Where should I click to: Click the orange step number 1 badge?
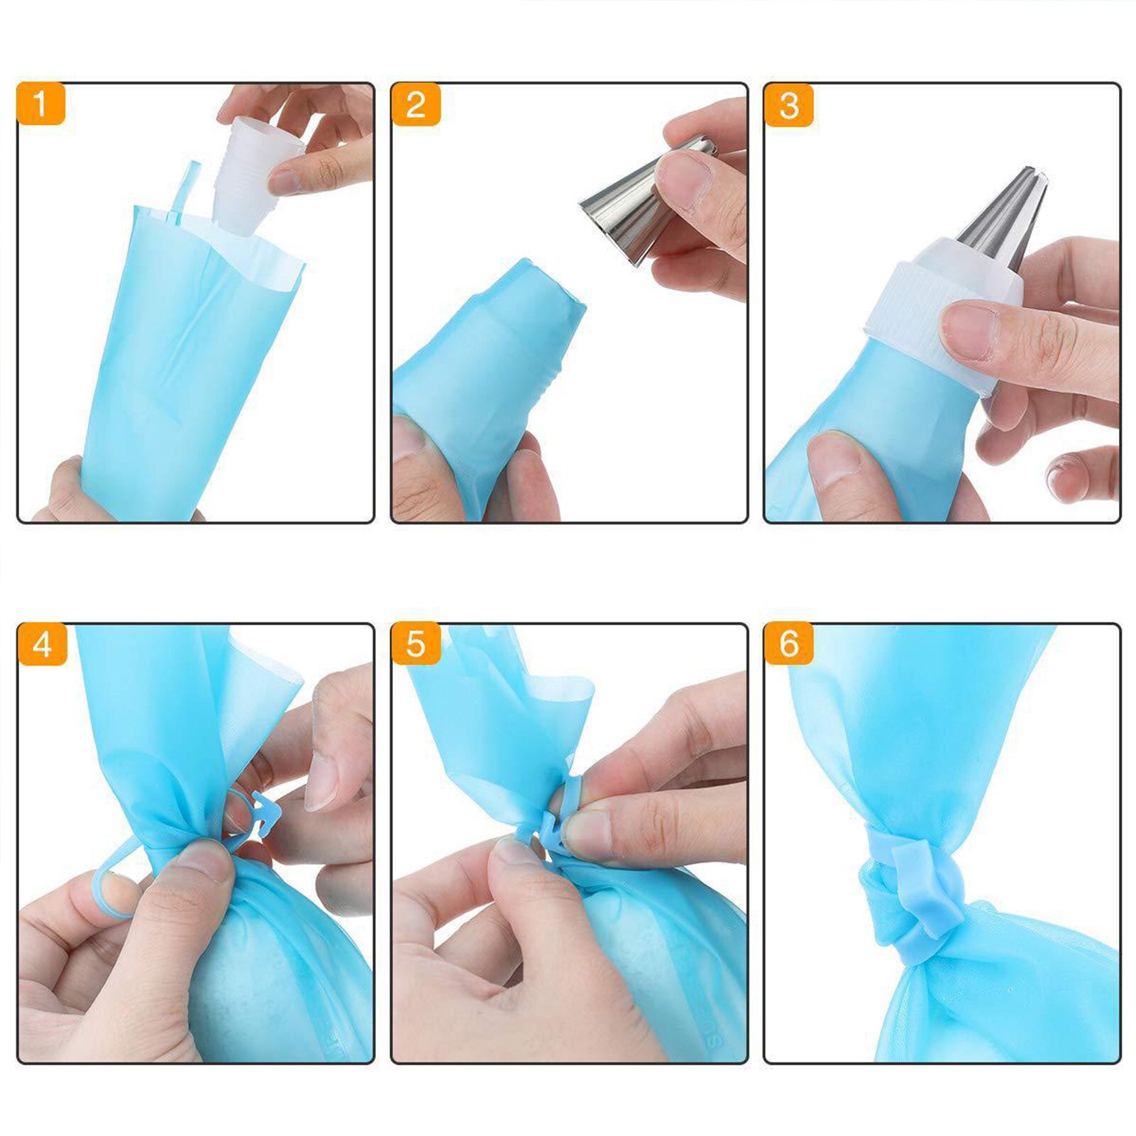[40, 104]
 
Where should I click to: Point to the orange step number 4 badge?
[42, 644]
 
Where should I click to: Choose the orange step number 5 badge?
[416, 644]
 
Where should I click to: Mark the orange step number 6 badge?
[788, 644]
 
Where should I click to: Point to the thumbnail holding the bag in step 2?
[407, 437]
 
